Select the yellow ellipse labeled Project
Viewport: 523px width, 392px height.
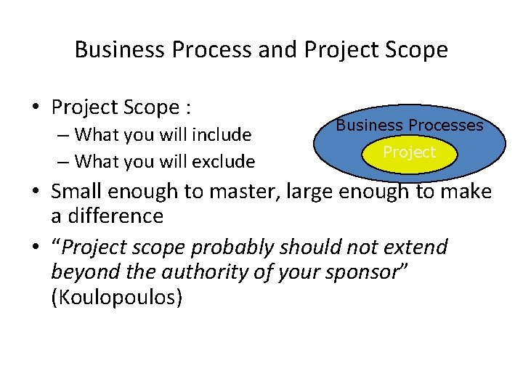(410, 152)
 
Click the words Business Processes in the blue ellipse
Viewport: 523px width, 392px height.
(409, 125)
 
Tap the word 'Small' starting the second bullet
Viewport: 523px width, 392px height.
(76, 192)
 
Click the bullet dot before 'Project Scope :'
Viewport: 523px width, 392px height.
(35, 107)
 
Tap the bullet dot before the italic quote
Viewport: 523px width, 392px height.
(35, 248)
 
